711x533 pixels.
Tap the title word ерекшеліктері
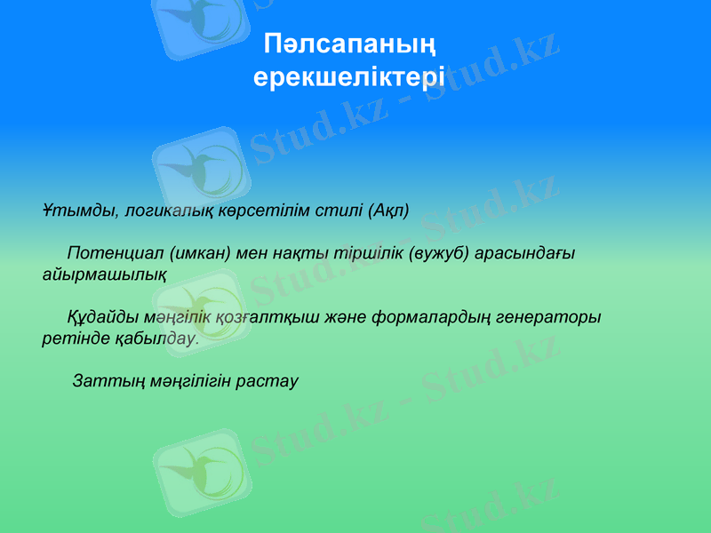tap(349, 77)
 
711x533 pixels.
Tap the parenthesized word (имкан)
tap(201, 253)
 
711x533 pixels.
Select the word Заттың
tap(102, 381)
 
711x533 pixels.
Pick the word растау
tap(268, 381)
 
